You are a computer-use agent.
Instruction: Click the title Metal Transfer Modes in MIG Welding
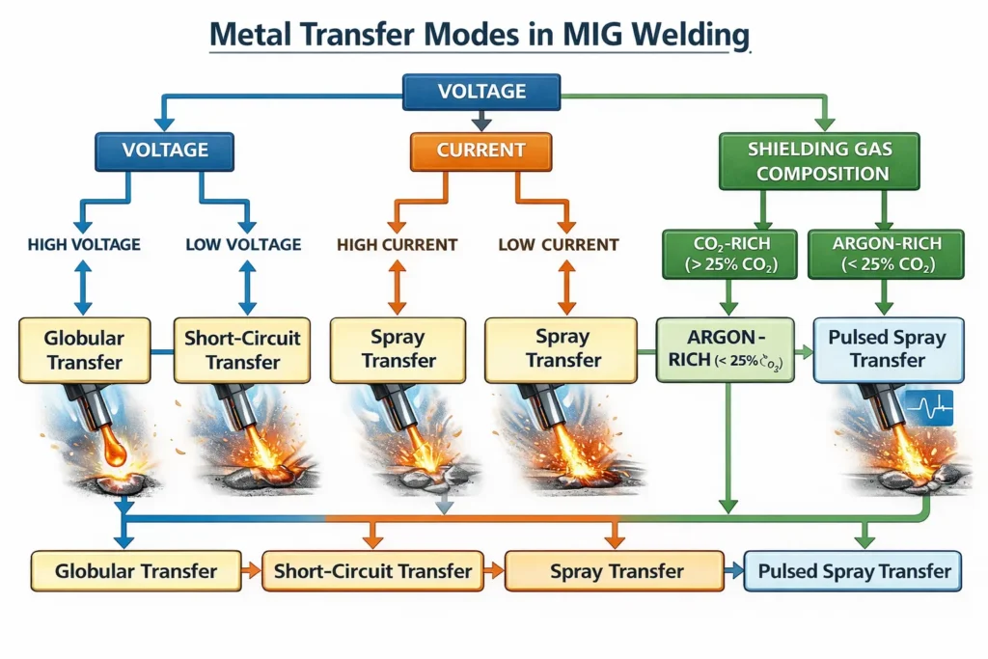480,34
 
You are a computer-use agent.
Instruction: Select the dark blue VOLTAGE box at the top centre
481,92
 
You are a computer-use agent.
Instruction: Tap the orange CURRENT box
480,151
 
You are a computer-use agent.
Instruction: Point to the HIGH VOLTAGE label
84,245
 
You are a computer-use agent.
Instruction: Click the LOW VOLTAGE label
243,245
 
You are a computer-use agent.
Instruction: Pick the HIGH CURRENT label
397,245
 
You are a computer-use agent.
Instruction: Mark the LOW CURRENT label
558,245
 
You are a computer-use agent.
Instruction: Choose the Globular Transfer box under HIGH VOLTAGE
84,350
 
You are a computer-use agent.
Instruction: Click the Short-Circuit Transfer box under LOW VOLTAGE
243,350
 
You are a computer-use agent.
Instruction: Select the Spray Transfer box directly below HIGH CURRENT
397,350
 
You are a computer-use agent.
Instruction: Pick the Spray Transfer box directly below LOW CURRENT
558,350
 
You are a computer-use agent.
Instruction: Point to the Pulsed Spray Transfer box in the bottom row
854,571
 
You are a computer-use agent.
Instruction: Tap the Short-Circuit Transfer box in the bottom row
372,571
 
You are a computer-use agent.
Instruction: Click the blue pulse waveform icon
927,408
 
